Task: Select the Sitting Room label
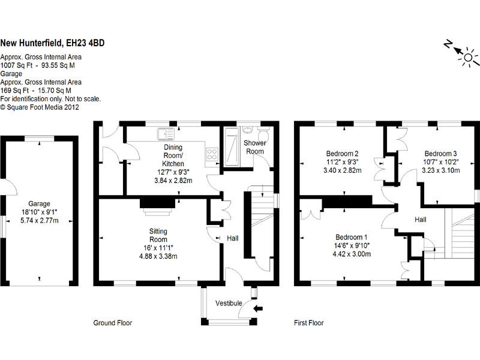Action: [158, 235]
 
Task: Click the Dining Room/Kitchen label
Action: [173, 155]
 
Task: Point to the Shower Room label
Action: [254, 147]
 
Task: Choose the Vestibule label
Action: [229, 303]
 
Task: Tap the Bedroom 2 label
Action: [342, 153]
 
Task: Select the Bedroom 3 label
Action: [441, 153]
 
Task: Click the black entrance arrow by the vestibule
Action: [259, 308]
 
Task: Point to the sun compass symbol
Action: [466, 55]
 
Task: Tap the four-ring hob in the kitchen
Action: [212, 154]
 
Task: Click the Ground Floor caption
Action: [112, 323]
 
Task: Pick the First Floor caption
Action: [308, 323]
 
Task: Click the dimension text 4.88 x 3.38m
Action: [158, 256]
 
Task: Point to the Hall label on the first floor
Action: [420, 220]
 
